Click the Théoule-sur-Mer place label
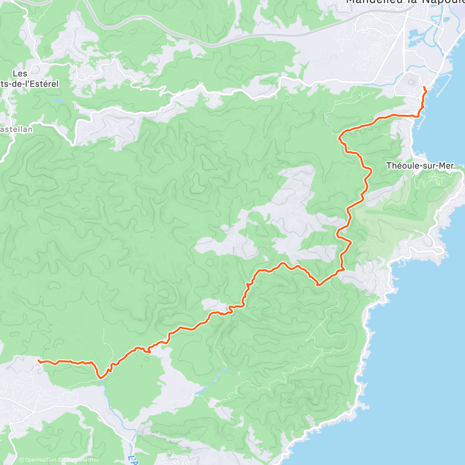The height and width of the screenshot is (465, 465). pos(420,166)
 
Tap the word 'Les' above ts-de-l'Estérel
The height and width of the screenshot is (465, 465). pos(20,74)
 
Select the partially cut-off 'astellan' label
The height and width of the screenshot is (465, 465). pos(16,129)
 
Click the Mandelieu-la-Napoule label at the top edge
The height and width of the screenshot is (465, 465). pos(405,2)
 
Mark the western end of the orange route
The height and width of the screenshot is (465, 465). pos(38,361)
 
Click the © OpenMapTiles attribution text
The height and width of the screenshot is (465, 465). pos(38,460)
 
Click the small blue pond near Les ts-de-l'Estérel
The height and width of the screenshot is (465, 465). pos(56,100)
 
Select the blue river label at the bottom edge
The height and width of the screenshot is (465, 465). pos(133,460)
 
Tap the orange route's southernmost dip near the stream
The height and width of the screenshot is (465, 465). pos(100,377)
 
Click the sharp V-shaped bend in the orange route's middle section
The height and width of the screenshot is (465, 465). pos(318,285)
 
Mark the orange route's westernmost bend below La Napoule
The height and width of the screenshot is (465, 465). pos(340,137)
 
